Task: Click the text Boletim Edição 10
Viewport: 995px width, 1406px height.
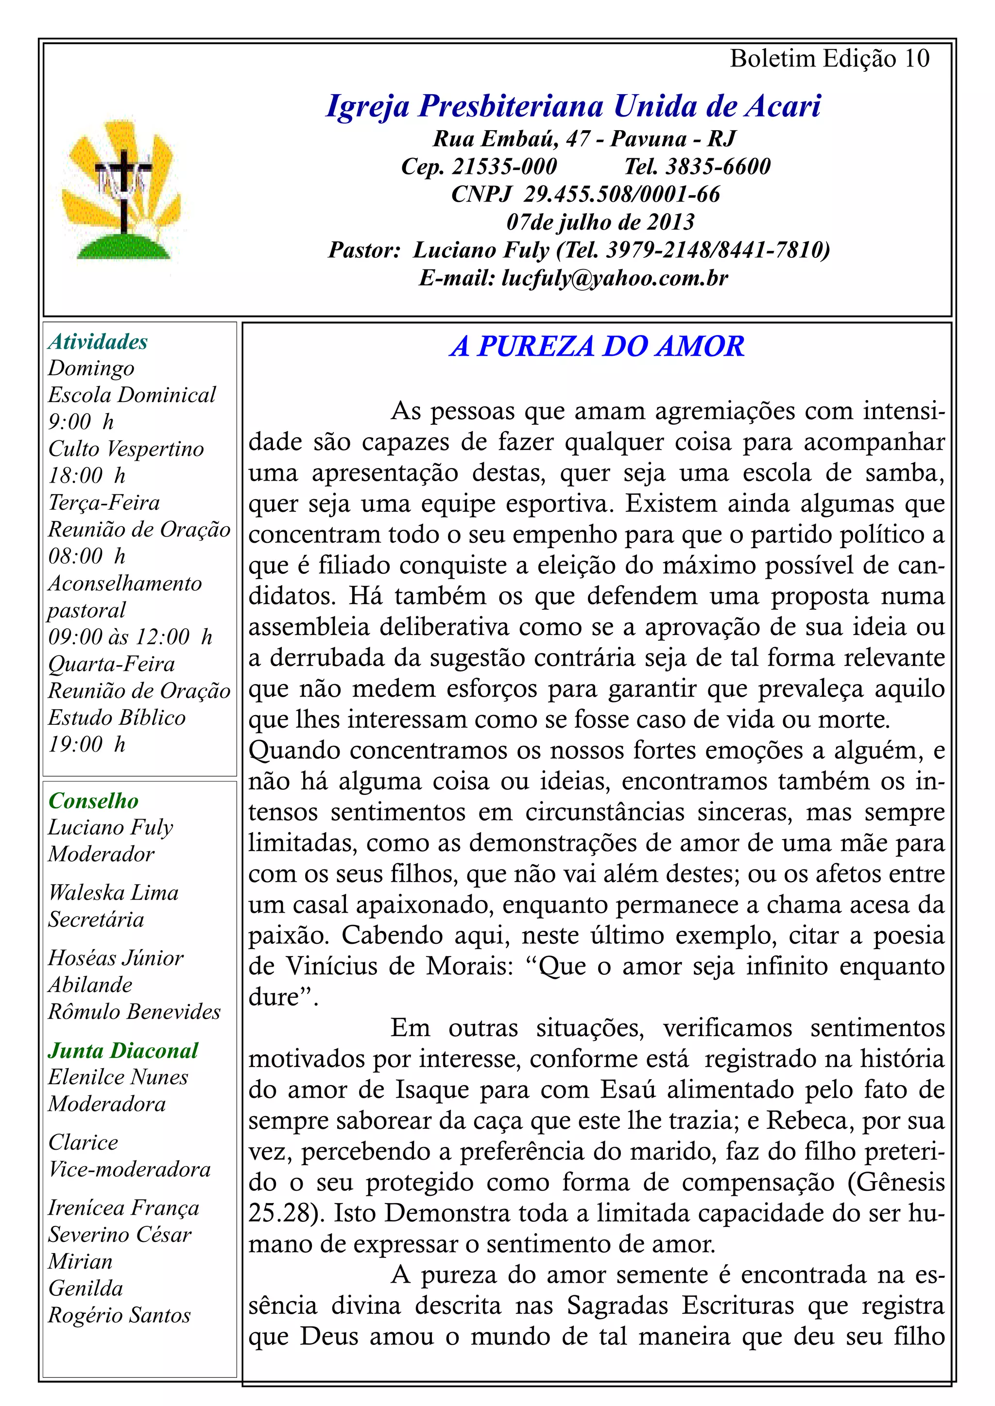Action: pyautogui.click(x=830, y=59)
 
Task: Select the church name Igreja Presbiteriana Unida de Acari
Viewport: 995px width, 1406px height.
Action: pyautogui.click(x=573, y=106)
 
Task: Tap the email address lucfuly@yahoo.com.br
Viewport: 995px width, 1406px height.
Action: pyautogui.click(x=615, y=278)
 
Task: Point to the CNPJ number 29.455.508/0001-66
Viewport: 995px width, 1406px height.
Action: pyautogui.click(x=621, y=194)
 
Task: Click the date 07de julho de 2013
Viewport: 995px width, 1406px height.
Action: pyautogui.click(x=600, y=222)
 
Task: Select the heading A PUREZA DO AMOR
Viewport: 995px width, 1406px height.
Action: pyautogui.click(x=597, y=347)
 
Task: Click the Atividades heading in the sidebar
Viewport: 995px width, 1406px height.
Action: pyautogui.click(x=98, y=342)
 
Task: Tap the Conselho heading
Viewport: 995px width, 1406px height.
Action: pyautogui.click(x=94, y=801)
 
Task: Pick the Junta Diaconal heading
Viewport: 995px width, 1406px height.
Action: pyautogui.click(x=123, y=1050)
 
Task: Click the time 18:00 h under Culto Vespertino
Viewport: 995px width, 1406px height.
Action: pyautogui.click(x=87, y=475)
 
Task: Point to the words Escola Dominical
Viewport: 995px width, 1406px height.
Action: pyautogui.click(x=132, y=395)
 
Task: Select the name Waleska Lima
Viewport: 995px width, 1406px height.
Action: pyautogui.click(x=113, y=892)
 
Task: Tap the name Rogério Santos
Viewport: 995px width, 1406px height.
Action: pyautogui.click(x=120, y=1315)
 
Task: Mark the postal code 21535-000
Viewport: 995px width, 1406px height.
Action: pyautogui.click(x=504, y=167)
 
